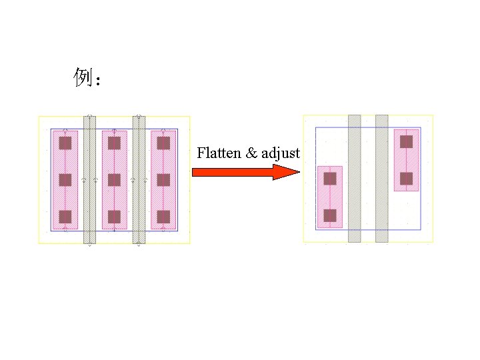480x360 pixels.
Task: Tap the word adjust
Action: coord(280,154)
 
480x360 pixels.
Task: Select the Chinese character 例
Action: coord(82,79)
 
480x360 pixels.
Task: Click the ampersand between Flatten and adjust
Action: coord(251,153)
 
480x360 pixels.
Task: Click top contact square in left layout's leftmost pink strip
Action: coord(65,143)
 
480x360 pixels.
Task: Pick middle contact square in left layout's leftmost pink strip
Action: coord(65,180)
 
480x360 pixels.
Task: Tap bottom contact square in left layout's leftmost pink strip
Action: coord(65,217)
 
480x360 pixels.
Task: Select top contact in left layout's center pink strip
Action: coord(114,143)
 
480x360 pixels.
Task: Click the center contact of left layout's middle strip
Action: coord(114,180)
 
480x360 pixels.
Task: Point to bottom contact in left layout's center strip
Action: coord(114,217)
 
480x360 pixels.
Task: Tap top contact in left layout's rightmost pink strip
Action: coord(163,143)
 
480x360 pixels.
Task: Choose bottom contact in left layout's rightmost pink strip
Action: coord(163,217)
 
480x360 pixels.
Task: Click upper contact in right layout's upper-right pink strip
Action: coord(406,141)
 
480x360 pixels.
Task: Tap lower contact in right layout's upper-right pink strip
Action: coord(406,179)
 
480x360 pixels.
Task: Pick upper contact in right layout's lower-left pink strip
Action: coord(330,179)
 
